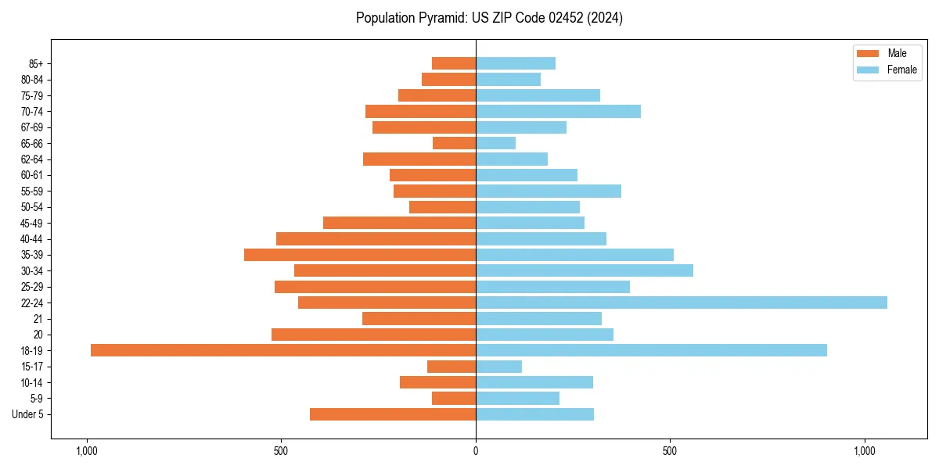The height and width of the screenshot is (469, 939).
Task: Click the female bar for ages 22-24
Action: click(x=681, y=303)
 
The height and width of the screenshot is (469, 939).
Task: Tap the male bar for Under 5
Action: click(x=393, y=414)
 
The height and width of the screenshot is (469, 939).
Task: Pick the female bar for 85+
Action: click(x=516, y=63)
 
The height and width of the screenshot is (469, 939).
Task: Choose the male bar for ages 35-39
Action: click(x=360, y=255)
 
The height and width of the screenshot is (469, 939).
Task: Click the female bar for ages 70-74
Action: click(x=558, y=111)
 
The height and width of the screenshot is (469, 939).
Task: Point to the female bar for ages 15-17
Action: click(x=498, y=367)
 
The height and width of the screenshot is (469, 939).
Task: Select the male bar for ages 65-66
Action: click(x=454, y=143)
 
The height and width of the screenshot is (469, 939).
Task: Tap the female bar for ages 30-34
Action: click(x=585, y=270)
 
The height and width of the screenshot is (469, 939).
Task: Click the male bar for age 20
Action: click(x=373, y=335)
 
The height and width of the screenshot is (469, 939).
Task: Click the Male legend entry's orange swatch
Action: click(x=868, y=54)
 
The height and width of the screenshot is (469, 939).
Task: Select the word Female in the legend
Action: click(x=901, y=70)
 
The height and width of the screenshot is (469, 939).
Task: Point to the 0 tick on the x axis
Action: click(x=476, y=451)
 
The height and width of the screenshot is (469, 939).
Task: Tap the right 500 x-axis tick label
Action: click(x=670, y=451)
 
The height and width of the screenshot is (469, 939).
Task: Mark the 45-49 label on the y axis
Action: click(x=32, y=223)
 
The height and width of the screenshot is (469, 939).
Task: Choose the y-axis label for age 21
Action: click(x=38, y=319)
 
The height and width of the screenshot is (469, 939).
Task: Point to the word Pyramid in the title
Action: click(x=441, y=18)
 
